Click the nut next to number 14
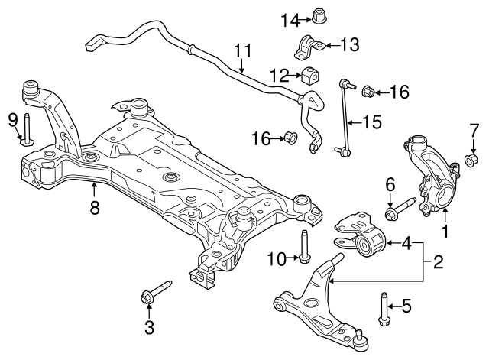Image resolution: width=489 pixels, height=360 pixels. point(320,15)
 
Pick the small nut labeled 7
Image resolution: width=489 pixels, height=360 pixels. point(472,161)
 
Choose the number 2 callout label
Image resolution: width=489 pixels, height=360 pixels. point(438,264)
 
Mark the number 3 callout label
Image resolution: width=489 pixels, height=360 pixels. point(149,329)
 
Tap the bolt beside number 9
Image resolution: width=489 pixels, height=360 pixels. point(28,130)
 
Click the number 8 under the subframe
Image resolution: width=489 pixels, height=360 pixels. point(95,207)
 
